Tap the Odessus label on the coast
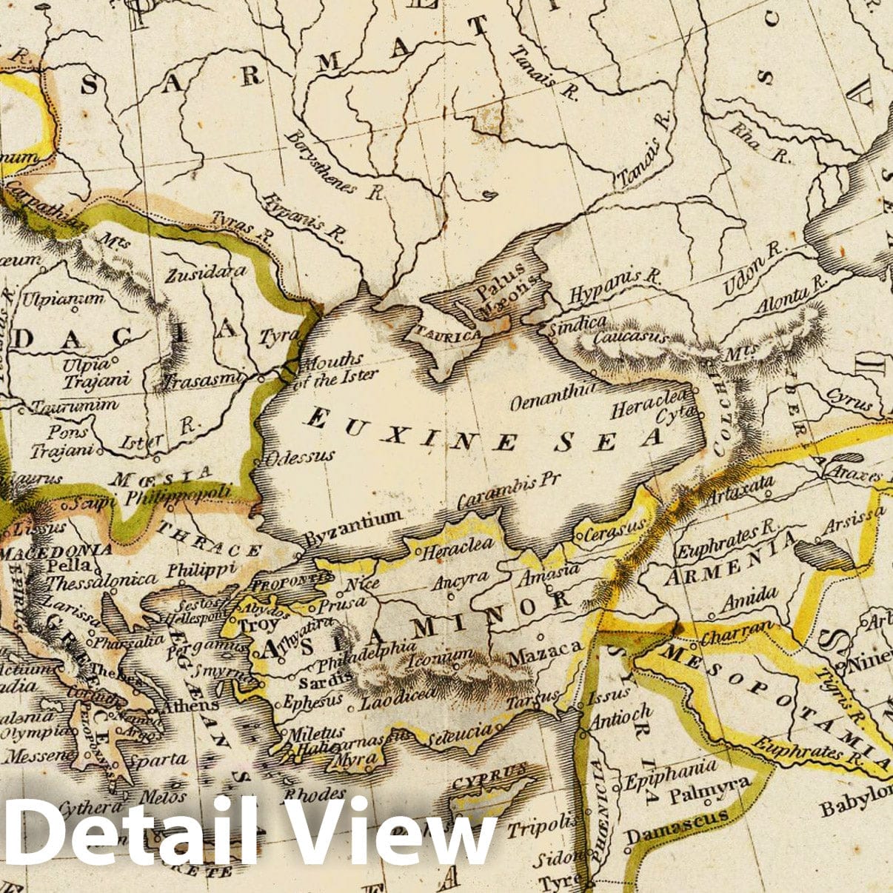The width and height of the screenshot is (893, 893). (x=300, y=456)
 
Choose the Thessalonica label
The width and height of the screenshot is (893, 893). (x=101, y=580)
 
